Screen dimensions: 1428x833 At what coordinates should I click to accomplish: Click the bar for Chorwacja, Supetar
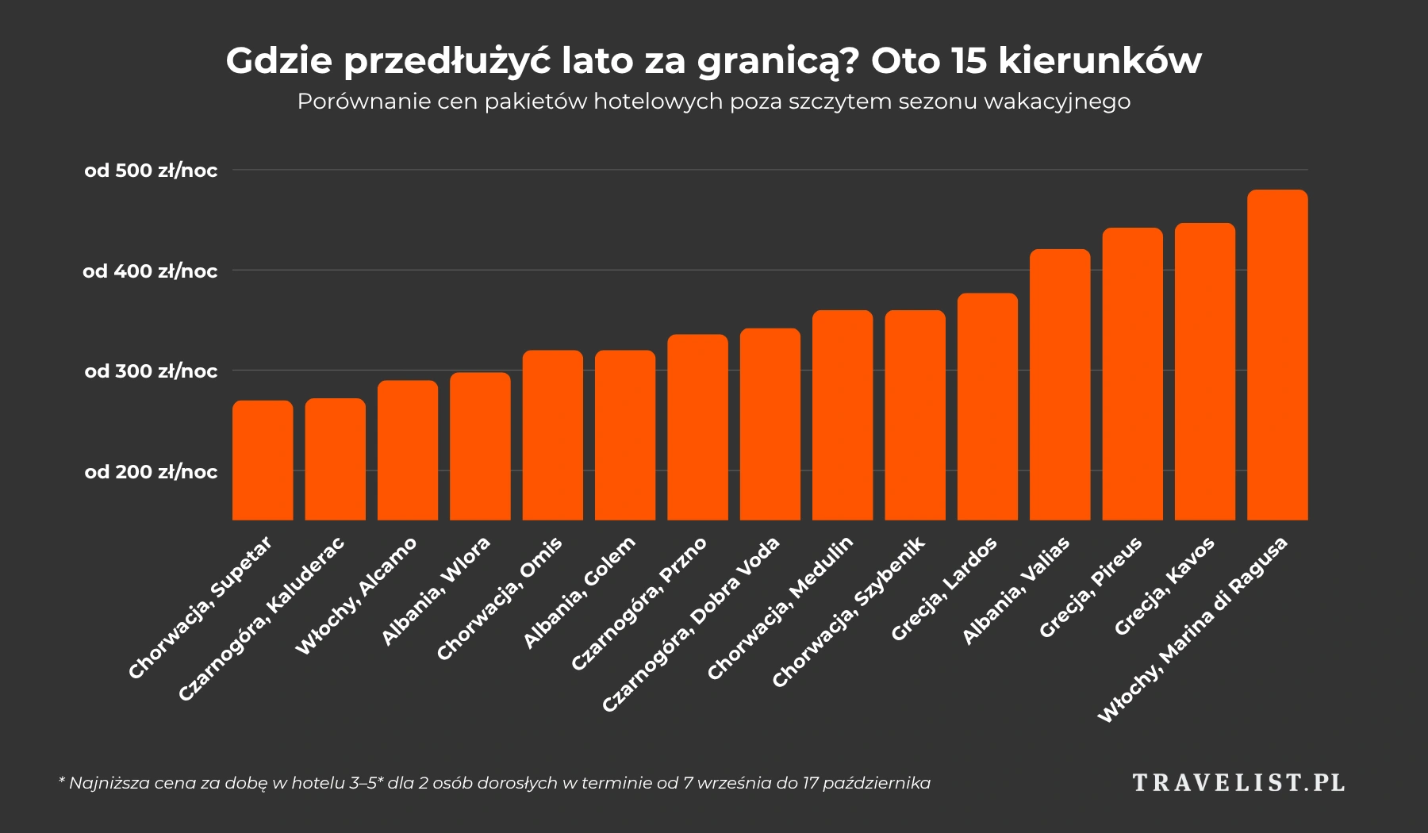click(263, 460)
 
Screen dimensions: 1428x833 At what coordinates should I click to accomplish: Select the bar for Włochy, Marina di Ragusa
click(1277, 355)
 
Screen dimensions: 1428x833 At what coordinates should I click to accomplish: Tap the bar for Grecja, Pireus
click(1132, 374)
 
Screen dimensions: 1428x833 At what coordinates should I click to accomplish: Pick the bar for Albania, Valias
click(1060, 385)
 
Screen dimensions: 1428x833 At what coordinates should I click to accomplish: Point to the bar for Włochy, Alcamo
click(408, 451)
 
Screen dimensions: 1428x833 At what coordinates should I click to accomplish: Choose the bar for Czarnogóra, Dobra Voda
click(770, 424)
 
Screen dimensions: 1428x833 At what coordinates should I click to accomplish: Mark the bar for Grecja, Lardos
click(988, 407)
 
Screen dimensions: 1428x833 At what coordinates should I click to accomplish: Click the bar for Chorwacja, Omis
click(552, 436)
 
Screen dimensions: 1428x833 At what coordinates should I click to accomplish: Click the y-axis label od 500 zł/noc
click(151, 171)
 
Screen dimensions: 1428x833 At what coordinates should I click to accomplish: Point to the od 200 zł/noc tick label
click(151, 472)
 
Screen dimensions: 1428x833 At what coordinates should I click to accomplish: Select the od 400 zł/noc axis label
click(150, 271)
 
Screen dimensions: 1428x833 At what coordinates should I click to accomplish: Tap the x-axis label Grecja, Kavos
click(1164, 587)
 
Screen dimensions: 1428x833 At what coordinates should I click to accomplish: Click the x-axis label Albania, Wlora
click(436, 591)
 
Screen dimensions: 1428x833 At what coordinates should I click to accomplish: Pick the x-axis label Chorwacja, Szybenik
click(848, 612)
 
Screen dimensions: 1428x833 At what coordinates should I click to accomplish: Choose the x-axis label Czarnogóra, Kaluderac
click(261, 620)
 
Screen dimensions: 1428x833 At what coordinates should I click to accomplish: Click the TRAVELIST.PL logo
click(1238, 783)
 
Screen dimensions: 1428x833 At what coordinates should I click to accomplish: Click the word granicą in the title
click(778, 63)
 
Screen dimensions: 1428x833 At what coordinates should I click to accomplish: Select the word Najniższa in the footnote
click(106, 784)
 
